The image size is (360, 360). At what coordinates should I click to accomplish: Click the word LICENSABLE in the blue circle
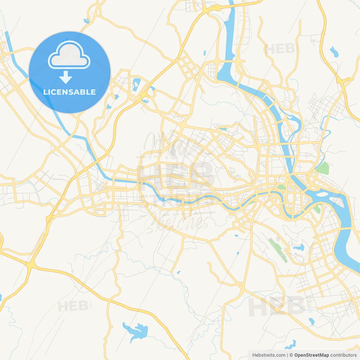[x=69, y=92]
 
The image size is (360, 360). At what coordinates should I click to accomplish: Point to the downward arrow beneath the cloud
[x=66, y=77]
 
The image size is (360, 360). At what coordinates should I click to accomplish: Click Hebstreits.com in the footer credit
[x=269, y=355]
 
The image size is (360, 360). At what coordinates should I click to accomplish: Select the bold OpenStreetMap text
[x=311, y=355]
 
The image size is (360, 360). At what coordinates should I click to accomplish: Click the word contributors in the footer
[x=343, y=355]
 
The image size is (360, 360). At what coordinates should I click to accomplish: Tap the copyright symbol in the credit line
[x=291, y=355]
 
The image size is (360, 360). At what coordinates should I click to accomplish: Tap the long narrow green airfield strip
[x=278, y=250]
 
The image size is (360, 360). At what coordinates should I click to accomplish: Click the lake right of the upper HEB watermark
[x=334, y=52]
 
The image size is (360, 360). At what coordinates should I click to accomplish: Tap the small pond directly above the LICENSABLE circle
[x=86, y=21]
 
